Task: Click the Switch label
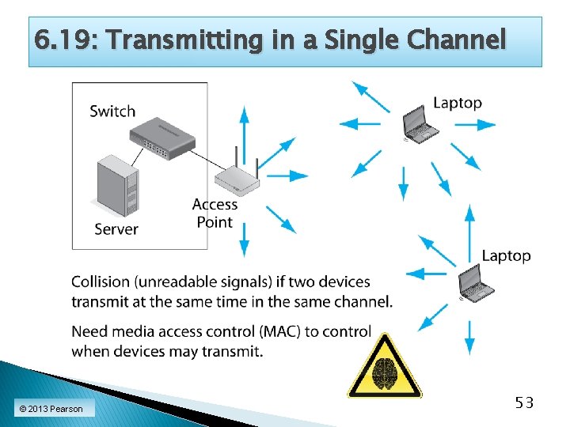[112, 111]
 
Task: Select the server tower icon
[116, 187]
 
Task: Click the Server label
[116, 229]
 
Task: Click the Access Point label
[215, 213]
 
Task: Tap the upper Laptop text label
[458, 103]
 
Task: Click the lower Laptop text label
[506, 255]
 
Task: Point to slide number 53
[524, 403]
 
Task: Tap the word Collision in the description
[100, 282]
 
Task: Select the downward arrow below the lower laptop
[469, 336]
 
